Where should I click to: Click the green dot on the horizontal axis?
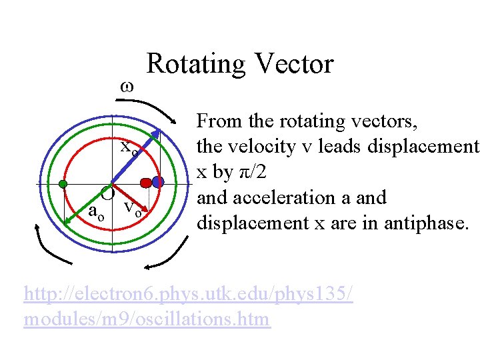[x=63, y=183]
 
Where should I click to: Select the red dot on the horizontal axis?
[x=146, y=182]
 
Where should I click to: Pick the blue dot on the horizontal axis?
[x=158, y=181]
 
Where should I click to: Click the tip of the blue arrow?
[x=162, y=128]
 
